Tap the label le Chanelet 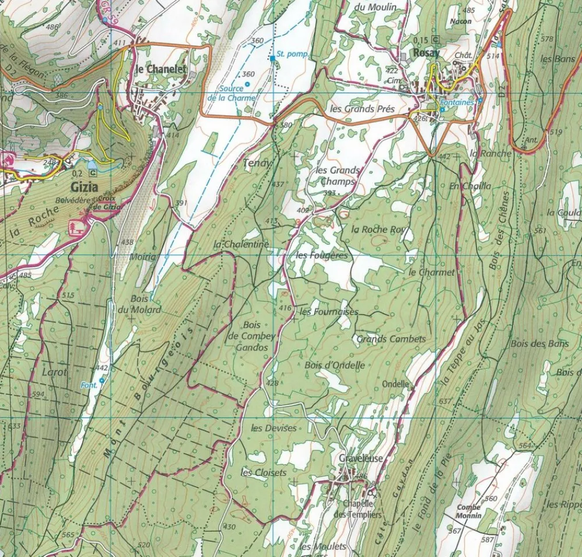click(x=160, y=69)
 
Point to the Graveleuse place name click(x=361, y=459)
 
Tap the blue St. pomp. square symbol click(x=272, y=59)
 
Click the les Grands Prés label click(x=362, y=108)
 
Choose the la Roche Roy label click(x=378, y=229)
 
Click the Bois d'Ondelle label click(x=335, y=365)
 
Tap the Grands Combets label click(x=391, y=339)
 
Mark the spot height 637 click(x=445, y=401)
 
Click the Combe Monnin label click(x=469, y=512)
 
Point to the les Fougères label click(x=321, y=255)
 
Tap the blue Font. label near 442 click(x=88, y=384)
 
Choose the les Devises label click(x=274, y=428)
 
